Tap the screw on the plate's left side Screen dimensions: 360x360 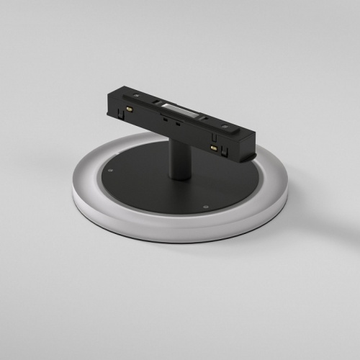[111, 170]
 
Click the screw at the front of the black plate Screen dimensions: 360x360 [207, 206]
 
